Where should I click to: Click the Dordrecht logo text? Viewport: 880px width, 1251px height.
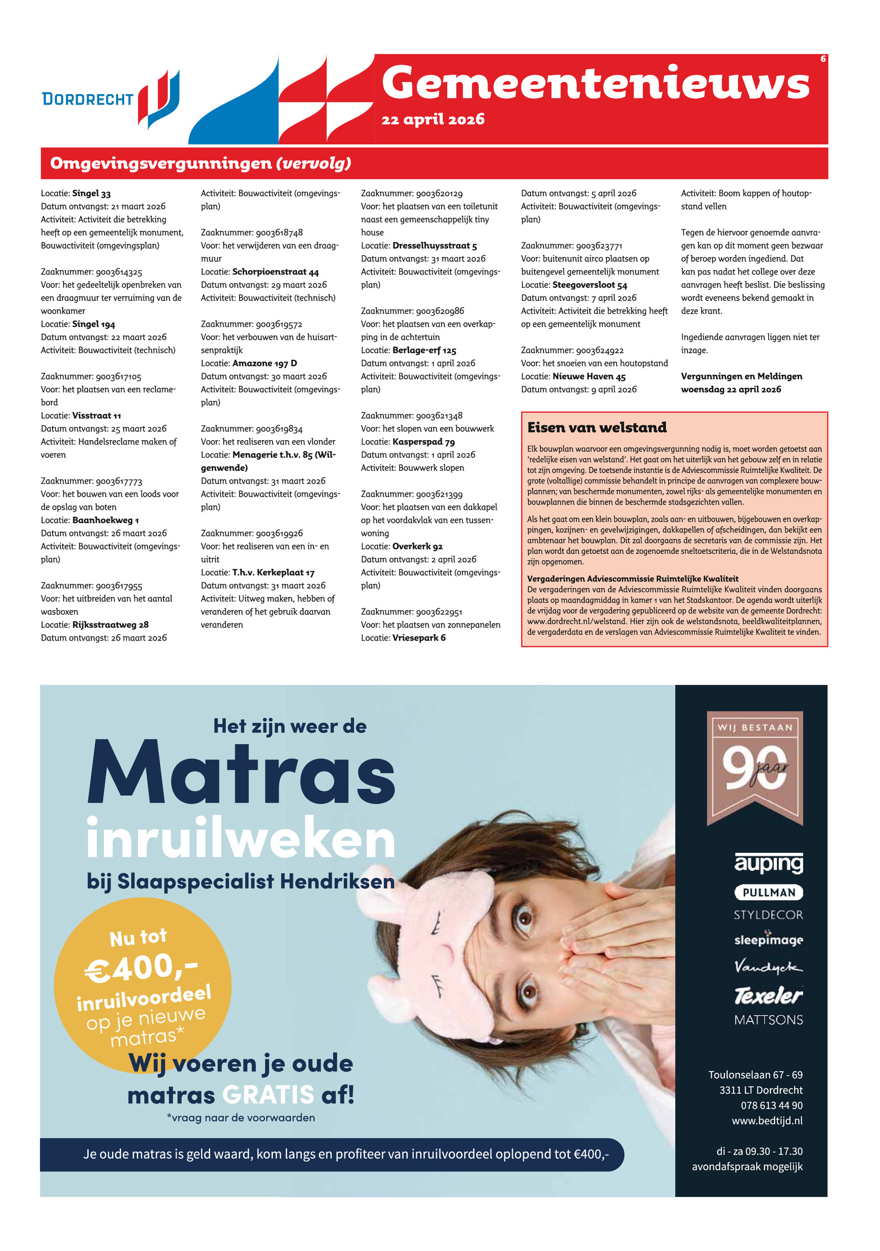click(88, 99)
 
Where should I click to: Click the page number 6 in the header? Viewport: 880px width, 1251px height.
click(823, 59)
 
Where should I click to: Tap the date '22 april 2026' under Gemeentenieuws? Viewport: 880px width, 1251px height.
click(433, 119)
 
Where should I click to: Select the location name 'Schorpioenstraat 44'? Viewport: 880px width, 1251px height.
click(275, 272)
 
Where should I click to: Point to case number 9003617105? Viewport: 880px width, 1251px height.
click(118, 377)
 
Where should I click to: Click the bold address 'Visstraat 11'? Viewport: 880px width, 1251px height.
click(96, 416)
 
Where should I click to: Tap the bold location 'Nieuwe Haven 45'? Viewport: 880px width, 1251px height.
click(588, 377)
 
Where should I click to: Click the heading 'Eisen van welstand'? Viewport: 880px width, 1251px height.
click(597, 427)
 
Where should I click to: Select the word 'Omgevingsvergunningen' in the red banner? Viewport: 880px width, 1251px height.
click(161, 163)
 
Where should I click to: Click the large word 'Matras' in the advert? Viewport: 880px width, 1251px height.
click(241, 773)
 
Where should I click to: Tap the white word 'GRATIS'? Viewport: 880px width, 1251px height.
click(268, 1095)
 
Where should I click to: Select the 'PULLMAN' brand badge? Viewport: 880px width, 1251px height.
click(768, 892)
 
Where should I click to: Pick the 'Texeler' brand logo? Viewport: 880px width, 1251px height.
click(768, 996)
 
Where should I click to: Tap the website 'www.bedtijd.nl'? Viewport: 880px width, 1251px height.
click(767, 1121)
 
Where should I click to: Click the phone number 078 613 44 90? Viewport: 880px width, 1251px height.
click(771, 1105)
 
